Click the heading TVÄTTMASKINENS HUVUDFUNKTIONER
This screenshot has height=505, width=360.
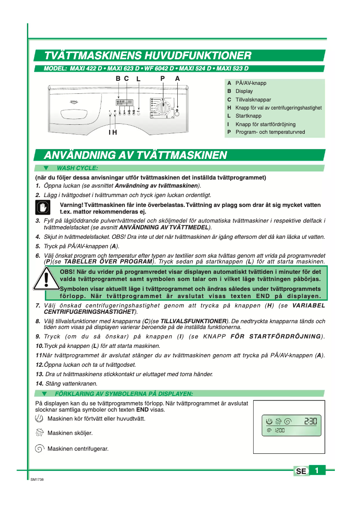pyautogui.click(x=147, y=56)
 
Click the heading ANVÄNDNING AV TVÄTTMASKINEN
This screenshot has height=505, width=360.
pyautogui.click(x=135, y=155)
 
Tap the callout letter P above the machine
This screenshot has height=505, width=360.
pyautogui.click(x=162, y=78)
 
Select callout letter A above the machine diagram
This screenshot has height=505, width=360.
pyautogui.click(x=177, y=78)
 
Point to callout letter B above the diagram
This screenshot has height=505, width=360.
pyautogui.click(x=118, y=78)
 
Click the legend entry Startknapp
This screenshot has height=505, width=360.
pyautogui.click(x=248, y=116)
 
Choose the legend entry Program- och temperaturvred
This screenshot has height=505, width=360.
pyautogui.click(x=270, y=132)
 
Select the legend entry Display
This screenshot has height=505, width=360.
pyautogui.click(x=244, y=91)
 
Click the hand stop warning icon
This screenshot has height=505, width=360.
pyautogui.click(x=42, y=207)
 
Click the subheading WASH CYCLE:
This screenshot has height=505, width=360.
pyautogui.click(x=77, y=168)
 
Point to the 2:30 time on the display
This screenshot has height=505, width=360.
pyautogui.click(x=310, y=422)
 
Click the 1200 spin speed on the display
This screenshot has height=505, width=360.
pyautogui.click(x=280, y=430)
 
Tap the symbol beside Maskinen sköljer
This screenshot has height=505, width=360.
pyautogui.click(x=40, y=433)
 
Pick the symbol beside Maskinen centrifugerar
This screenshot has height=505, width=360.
pyautogui.click(x=40, y=448)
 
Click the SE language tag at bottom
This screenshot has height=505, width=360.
pyautogui.click(x=301, y=471)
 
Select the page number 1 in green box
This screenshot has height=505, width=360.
pyautogui.click(x=317, y=470)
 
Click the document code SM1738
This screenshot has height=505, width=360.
pyautogui.click(x=37, y=480)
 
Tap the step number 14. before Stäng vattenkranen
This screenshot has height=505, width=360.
pyautogui.click(x=40, y=383)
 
